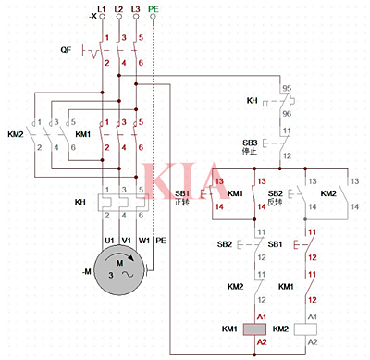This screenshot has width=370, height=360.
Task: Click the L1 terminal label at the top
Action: point(103,7)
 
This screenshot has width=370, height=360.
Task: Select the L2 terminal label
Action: point(119,7)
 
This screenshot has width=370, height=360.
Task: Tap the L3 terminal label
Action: point(136,7)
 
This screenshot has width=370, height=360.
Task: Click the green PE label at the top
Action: point(154,7)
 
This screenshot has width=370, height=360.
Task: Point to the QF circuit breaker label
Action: point(66,48)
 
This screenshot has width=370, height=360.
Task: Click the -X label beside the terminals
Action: point(90,16)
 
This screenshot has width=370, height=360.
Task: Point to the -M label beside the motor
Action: point(86,271)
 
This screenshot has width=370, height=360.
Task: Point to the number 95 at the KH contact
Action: point(288,88)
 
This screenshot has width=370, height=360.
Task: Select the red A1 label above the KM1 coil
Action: point(260,316)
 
